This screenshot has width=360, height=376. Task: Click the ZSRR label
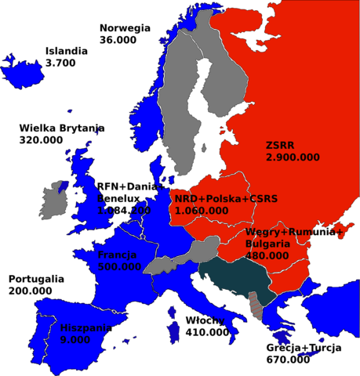[282, 145]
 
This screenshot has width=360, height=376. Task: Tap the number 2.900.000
[293, 157]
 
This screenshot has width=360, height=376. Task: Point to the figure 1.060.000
[202, 210]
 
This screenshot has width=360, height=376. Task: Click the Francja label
[118, 255]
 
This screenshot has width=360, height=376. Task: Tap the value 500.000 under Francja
[119, 266]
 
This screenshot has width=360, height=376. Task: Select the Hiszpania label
[83, 328]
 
